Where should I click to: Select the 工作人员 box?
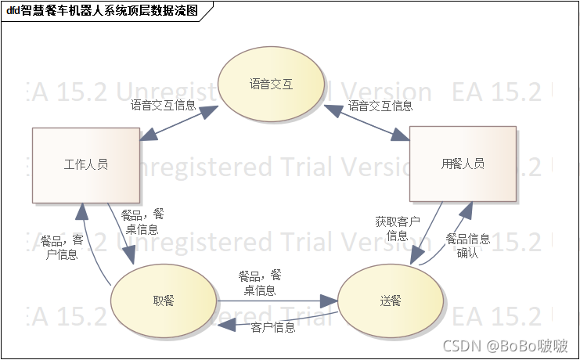point(85,164)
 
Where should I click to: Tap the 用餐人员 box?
point(463,164)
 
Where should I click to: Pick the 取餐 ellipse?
point(164,301)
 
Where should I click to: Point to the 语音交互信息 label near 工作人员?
point(163,106)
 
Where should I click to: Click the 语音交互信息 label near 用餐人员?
point(380,106)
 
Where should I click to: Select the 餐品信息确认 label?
point(468,246)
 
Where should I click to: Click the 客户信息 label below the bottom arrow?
point(273,327)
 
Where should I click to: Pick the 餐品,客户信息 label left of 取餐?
point(62,247)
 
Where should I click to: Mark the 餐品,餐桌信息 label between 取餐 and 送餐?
point(260,283)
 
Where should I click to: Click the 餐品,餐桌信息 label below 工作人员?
point(142,221)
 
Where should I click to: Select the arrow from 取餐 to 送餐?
point(274,301)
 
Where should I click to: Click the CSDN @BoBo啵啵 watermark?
point(505,346)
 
